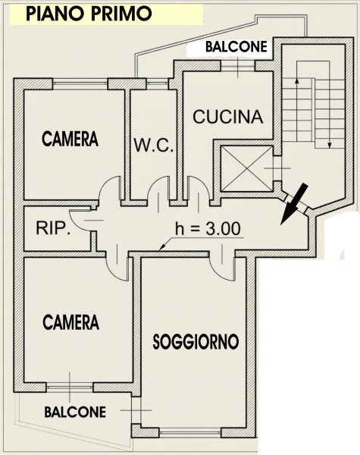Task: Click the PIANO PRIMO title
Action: pyautogui.click(x=89, y=14)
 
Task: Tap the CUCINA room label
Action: pyautogui.click(x=228, y=117)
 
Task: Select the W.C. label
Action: pyautogui.click(x=154, y=145)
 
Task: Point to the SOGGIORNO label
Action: pyautogui.click(x=196, y=341)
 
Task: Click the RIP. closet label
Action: pyautogui.click(x=53, y=227)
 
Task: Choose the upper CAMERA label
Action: pyautogui.click(x=70, y=139)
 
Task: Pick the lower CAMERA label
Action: pyautogui.click(x=71, y=322)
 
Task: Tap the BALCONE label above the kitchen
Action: pyautogui.click(x=236, y=47)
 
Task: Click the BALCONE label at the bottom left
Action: pyautogui.click(x=75, y=412)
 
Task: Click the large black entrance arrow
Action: pyautogui.click(x=293, y=204)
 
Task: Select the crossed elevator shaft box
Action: pyautogui.click(x=246, y=169)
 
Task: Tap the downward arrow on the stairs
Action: pyautogui.click(x=330, y=113)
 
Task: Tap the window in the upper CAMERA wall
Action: pyautogui.click(x=80, y=83)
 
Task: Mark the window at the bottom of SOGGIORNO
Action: pyautogui.click(x=190, y=432)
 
